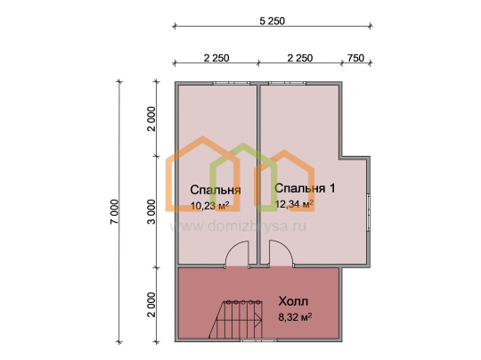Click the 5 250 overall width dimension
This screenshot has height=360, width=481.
[x=273, y=21]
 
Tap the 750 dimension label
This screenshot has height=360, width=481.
[x=355, y=58]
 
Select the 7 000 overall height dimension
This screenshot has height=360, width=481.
[x=114, y=211]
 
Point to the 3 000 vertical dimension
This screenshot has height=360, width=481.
[x=151, y=211]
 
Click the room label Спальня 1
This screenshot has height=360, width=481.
[x=305, y=188]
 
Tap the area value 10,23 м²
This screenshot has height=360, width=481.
[x=210, y=205]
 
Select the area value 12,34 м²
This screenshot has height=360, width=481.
[x=294, y=204]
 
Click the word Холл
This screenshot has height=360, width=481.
[x=293, y=301]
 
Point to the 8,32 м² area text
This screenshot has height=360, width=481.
[x=295, y=316]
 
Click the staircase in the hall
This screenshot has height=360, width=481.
[x=235, y=319]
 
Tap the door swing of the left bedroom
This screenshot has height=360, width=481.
[x=237, y=255]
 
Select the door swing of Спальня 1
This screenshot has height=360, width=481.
[x=281, y=254]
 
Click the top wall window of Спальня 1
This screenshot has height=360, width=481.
[x=287, y=83]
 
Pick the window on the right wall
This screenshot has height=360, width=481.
[x=369, y=212]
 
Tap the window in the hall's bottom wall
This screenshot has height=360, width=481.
[x=258, y=340]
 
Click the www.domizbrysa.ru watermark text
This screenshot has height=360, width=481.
[x=238, y=227]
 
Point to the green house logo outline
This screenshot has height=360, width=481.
[x=243, y=177]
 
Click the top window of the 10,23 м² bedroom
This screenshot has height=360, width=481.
[x=232, y=83]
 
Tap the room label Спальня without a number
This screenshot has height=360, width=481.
[x=216, y=190]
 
